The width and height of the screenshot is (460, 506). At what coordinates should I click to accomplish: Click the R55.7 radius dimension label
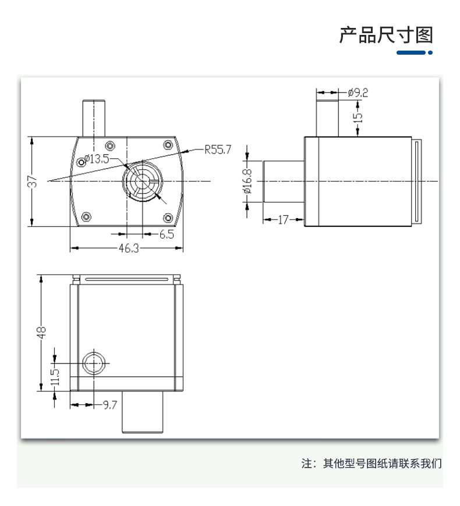click(x=218, y=149)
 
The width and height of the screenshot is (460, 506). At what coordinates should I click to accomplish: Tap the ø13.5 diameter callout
click(x=97, y=159)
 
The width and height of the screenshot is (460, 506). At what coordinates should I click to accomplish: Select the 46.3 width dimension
click(x=129, y=248)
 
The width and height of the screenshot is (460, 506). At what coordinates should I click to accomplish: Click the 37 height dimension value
click(x=32, y=181)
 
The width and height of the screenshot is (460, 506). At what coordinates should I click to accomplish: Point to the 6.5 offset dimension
click(x=167, y=234)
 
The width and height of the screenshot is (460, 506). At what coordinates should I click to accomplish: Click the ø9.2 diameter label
click(x=358, y=93)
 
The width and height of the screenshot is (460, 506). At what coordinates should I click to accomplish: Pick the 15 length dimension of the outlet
click(x=358, y=117)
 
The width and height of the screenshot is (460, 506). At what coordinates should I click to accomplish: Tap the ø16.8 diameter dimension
click(x=247, y=181)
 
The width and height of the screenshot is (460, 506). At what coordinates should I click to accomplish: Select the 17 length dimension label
click(x=283, y=220)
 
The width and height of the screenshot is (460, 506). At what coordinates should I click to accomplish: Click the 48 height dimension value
click(x=41, y=332)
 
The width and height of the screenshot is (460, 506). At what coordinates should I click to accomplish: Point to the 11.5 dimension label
click(x=55, y=377)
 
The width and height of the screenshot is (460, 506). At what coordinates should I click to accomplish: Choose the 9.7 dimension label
click(x=110, y=405)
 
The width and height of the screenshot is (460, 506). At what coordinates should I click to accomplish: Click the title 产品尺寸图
click(x=386, y=35)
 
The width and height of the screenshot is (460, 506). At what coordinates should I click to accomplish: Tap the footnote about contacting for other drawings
click(x=371, y=464)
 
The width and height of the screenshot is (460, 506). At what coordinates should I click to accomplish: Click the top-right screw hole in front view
click(x=168, y=145)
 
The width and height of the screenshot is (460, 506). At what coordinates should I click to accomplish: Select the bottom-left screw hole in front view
click(x=86, y=216)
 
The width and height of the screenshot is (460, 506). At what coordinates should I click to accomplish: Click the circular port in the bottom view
click(x=94, y=364)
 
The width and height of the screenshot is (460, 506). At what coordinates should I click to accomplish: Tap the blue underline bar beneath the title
click(x=415, y=52)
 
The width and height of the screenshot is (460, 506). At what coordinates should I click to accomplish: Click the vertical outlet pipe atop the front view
click(x=94, y=118)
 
